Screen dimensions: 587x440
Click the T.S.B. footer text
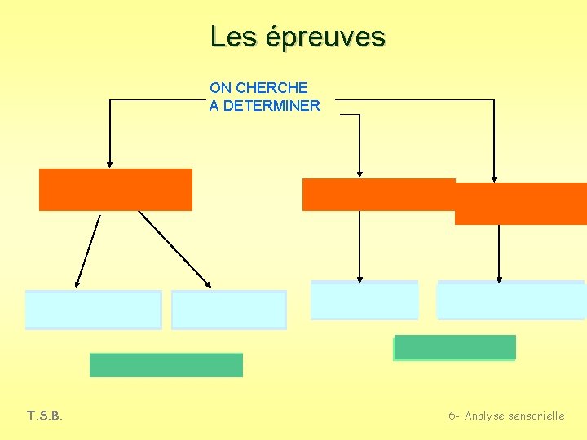click(45, 416)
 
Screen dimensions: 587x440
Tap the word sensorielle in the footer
click(536, 416)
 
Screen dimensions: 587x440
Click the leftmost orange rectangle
click(115, 190)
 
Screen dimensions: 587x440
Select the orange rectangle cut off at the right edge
click(520, 204)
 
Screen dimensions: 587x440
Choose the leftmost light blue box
click(93, 310)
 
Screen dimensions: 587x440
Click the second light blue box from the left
click(229, 310)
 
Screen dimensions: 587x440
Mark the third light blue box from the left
click(364, 300)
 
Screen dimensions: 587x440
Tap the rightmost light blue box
click(510, 300)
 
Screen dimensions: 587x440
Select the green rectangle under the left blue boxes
click(166, 365)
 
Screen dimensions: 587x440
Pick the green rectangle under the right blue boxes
click(455, 347)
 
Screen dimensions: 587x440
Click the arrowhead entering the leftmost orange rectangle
click(109, 163)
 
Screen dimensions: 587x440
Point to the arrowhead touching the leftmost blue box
click(77, 283)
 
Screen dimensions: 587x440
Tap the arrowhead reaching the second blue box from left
click(208, 284)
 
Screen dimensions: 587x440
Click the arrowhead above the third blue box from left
click(360, 276)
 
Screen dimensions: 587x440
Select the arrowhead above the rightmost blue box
click(499, 277)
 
